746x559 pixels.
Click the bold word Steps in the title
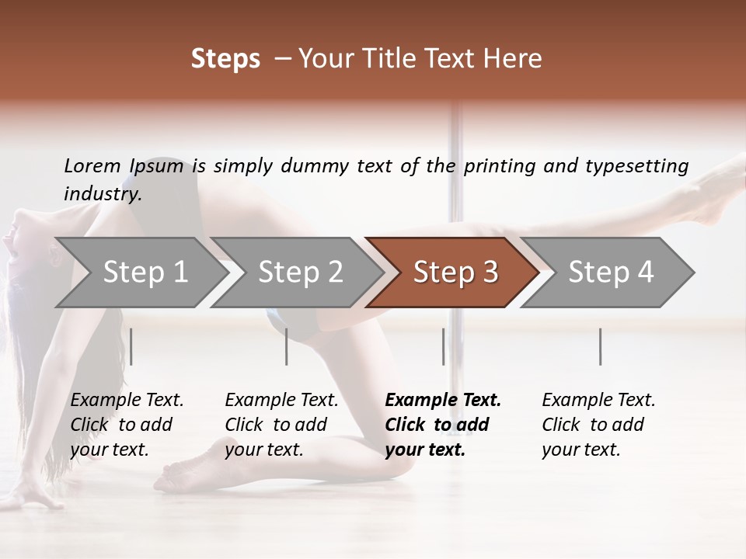(225, 59)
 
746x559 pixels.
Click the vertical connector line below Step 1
(131, 346)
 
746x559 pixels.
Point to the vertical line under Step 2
(287, 346)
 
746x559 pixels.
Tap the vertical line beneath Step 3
(443, 346)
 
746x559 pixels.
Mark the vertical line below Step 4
(600, 346)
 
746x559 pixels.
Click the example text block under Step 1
(127, 425)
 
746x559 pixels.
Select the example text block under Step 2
(281, 425)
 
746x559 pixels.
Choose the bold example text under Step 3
(443, 425)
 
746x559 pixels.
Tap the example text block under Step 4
(598, 425)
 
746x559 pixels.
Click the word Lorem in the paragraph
(92, 166)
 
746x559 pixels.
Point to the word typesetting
(636, 166)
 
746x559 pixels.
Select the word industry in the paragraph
(102, 194)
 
